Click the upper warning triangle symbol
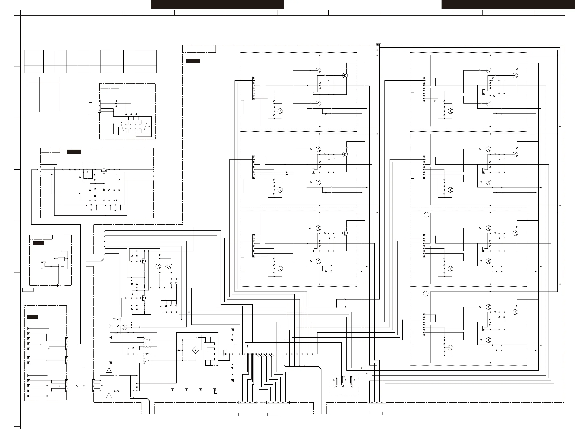coord(109,370)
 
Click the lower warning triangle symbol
coord(109,396)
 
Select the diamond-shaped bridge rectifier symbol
coord(195,350)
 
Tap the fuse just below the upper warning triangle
coord(116,376)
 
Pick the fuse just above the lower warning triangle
coord(116,391)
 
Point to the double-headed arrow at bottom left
coord(80,386)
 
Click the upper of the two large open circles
coord(426,215)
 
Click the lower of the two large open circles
coord(425,294)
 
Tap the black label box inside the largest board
coord(193,61)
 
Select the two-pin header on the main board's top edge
coord(378,45)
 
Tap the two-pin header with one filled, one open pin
coord(43,263)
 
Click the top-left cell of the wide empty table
coord(34,58)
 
